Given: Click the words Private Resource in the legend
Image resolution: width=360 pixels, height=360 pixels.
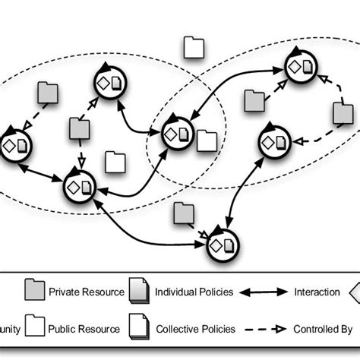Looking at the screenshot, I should pyautogui.click(x=85, y=291).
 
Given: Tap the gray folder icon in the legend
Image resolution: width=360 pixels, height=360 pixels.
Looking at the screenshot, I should pyautogui.click(x=33, y=291).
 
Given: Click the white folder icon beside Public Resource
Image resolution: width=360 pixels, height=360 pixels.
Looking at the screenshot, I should pyautogui.click(x=33, y=328).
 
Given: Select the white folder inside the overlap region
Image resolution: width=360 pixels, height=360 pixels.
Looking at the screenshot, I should pyautogui.click(x=206, y=141).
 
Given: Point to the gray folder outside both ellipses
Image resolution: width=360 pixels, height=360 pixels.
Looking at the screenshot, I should pyautogui.click(x=183, y=214).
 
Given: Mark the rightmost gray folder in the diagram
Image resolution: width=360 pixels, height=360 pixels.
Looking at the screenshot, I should pyautogui.click(x=343, y=114).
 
